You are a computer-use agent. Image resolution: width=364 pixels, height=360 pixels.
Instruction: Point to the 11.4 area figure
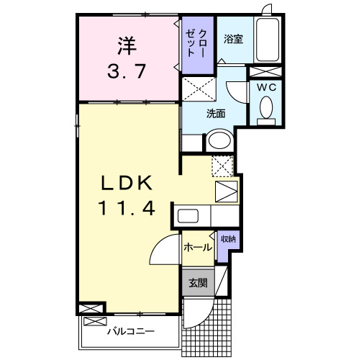pyautogui.click(x=126, y=210)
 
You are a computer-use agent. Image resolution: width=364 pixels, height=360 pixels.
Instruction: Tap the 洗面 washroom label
pyautogui.click(x=216, y=113)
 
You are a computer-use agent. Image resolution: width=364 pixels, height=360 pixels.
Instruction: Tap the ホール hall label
pyautogui.click(x=197, y=248)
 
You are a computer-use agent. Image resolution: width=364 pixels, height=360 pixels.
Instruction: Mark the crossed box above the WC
pyautogui.click(x=264, y=71)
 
